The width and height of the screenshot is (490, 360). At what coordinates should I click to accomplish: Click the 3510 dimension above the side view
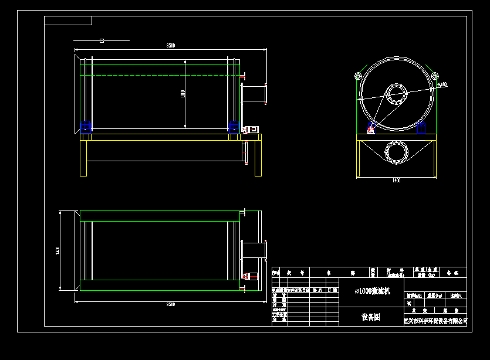coord(170,45)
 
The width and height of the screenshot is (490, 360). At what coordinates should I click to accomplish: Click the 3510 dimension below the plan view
coord(171,305)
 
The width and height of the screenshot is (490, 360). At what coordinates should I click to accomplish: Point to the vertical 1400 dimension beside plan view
coord(58,250)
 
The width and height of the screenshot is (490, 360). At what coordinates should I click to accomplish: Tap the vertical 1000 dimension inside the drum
coord(183,94)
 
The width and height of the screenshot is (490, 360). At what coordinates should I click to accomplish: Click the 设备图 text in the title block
coord(370,317)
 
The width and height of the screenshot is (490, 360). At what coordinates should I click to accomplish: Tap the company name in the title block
coord(435,321)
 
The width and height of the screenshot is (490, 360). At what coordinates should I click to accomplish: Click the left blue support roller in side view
coord(86,125)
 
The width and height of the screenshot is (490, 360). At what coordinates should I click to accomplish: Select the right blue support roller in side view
coord(233,125)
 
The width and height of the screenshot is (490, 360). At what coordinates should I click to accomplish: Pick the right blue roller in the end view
coord(421,128)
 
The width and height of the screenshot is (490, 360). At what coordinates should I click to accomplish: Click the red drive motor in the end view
coord(371,129)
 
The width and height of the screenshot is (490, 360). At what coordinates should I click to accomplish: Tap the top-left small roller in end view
coord(358,76)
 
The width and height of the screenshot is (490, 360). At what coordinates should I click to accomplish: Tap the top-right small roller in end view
coord(435,76)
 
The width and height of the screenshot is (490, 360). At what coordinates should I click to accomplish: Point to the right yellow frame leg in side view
coord(258,158)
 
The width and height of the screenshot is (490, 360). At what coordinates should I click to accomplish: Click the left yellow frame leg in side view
coord(83,158)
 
